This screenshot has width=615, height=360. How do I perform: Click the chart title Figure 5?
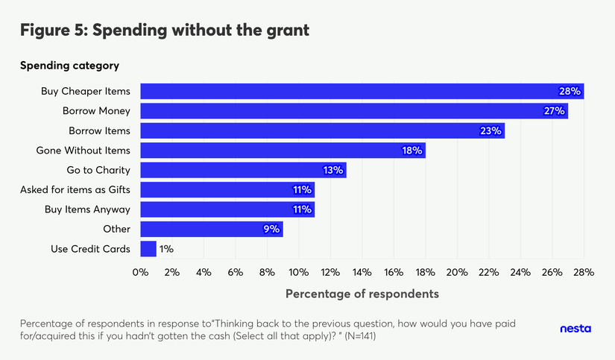(x=164, y=31)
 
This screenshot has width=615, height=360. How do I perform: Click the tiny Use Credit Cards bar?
(x=148, y=248)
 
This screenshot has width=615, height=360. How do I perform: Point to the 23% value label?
(x=491, y=131)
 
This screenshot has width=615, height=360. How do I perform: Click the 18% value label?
(x=412, y=151)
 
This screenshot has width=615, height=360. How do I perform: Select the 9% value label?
(x=271, y=229)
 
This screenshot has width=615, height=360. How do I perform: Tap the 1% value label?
(x=166, y=248)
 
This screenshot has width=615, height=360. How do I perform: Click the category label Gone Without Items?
(x=83, y=151)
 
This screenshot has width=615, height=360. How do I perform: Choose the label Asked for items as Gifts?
(x=75, y=190)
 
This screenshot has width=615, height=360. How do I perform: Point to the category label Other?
(x=117, y=229)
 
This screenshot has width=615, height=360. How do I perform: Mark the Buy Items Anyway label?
(x=87, y=209)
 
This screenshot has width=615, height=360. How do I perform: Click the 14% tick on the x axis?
(x=362, y=272)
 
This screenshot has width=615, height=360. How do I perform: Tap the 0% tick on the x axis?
(x=140, y=272)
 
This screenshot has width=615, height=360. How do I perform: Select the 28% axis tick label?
(x=583, y=272)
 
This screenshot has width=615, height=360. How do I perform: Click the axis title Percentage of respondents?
(x=362, y=294)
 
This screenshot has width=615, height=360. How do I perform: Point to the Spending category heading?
(x=69, y=66)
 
